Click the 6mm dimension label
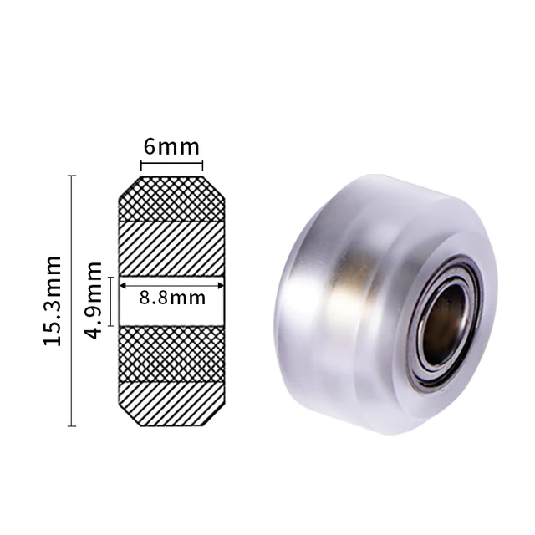pyautogui.click(x=171, y=147)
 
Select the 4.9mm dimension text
pyautogui.click(x=94, y=299)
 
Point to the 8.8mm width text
pyautogui.click(x=171, y=298)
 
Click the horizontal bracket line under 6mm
pyautogui.click(x=171, y=165)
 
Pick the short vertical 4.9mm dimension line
pyautogui.click(x=110, y=299)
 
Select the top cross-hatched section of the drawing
pyautogui.click(x=171, y=198)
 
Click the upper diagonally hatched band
pyautogui.click(x=171, y=248)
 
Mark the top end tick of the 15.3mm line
pyautogui.click(x=72, y=176)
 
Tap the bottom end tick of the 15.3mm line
pyautogui.click(x=72, y=426)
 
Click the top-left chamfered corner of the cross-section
pyautogui.click(x=128, y=185)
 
